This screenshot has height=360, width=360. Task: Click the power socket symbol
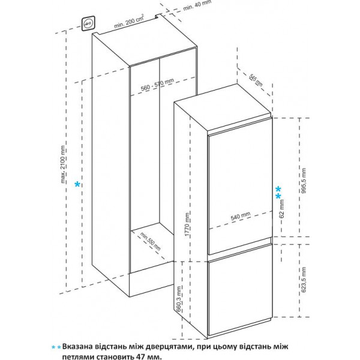[88, 23]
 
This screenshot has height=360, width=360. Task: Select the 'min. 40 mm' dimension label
[197, 5]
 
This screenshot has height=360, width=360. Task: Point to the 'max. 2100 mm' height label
[63, 164]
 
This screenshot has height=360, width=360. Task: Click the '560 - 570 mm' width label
[157, 84]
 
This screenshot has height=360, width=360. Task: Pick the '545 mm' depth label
[256, 80]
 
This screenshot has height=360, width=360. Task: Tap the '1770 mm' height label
[187, 224]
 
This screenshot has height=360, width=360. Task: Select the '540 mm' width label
[241, 216]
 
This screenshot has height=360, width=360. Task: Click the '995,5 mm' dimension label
[304, 181]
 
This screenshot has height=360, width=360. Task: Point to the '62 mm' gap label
[282, 208]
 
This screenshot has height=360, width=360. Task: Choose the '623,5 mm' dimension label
[304, 280]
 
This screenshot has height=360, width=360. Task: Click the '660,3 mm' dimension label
[179, 298]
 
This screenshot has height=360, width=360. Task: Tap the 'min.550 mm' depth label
[151, 241]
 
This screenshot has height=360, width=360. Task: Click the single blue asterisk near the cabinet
[77, 184]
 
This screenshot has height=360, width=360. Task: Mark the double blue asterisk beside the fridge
[278, 193]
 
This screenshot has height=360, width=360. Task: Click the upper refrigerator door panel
[240, 187]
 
